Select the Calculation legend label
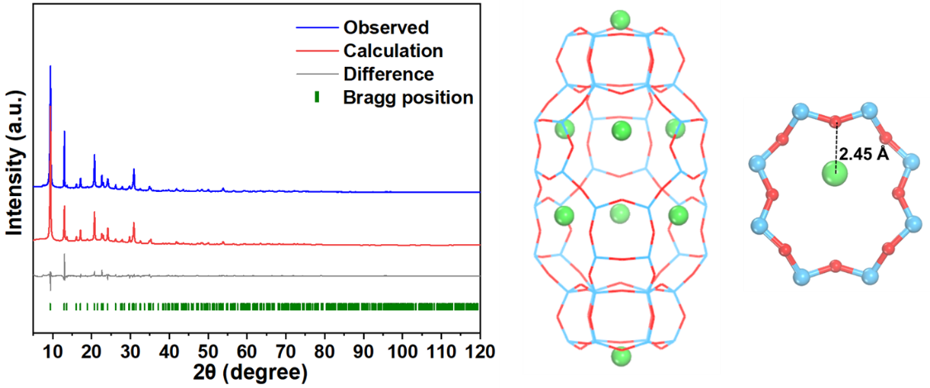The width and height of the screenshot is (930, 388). [x=393, y=50]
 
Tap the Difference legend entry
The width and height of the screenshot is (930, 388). [x=388, y=74]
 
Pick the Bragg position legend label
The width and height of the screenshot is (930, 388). [x=408, y=98]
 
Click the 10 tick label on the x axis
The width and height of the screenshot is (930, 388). [x=52, y=350]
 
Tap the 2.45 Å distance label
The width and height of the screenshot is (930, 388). [x=864, y=154]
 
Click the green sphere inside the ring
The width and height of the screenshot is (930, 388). [x=836, y=175]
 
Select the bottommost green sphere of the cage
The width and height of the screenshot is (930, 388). [x=620, y=358]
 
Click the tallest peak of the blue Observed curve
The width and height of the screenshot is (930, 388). [x=50, y=68]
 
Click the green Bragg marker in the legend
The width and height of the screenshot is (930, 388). [x=316, y=98]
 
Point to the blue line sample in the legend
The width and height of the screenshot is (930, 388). [x=315, y=27]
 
